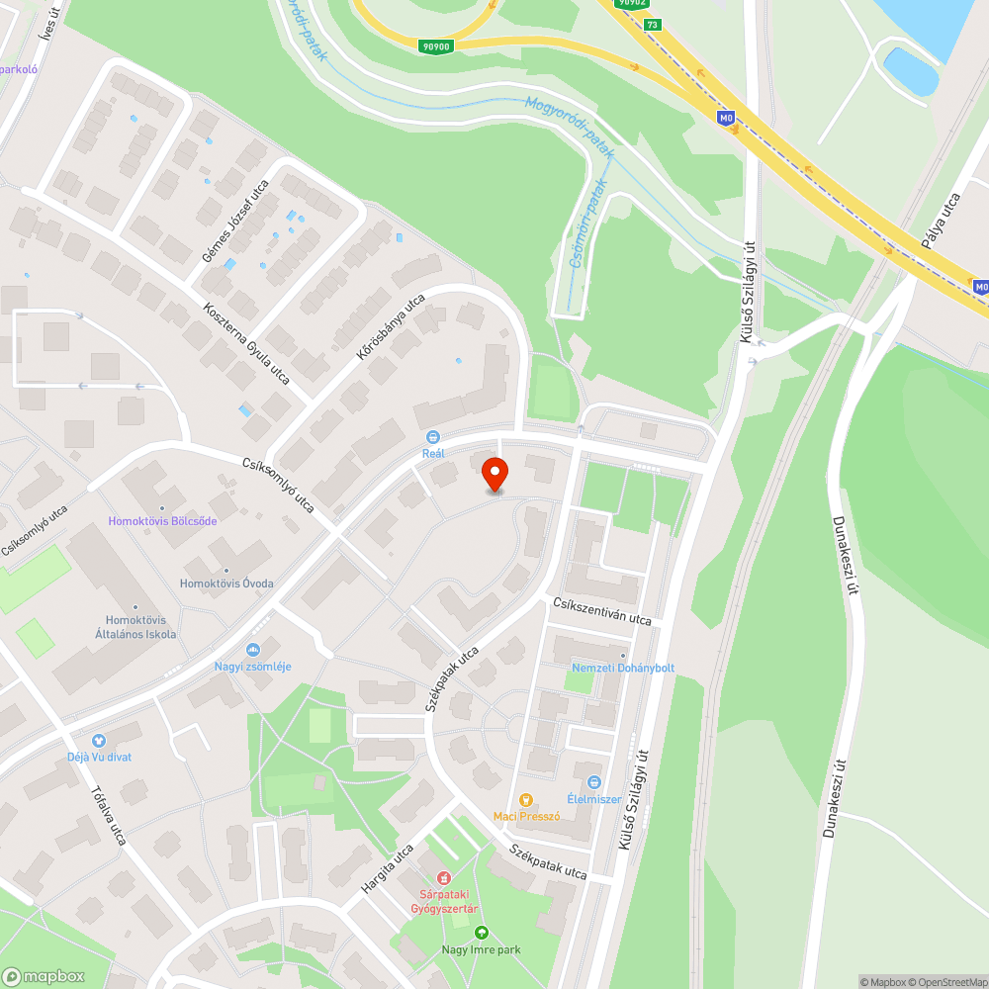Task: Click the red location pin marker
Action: click(x=494, y=474)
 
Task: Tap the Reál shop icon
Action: click(x=432, y=437)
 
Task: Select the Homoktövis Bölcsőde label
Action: click(x=162, y=521)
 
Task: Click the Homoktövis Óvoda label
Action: click(x=226, y=584)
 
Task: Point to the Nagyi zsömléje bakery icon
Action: click(x=253, y=649)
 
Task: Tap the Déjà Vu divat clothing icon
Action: click(x=99, y=740)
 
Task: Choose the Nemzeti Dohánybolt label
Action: click(x=623, y=668)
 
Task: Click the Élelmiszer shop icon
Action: click(x=593, y=781)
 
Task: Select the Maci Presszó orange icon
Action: click(x=526, y=799)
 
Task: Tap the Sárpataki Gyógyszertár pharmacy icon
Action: click(x=444, y=876)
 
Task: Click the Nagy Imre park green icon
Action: click(x=481, y=933)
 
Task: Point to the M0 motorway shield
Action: click(x=727, y=118)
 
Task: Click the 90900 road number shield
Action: click(x=435, y=46)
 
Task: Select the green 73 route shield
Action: click(x=651, y=26)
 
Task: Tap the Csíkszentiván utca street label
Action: click(x=602, y=610)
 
